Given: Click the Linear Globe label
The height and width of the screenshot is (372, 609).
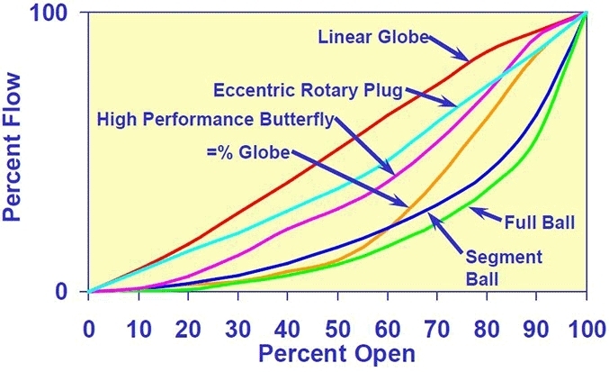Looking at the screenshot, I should pos(372,37).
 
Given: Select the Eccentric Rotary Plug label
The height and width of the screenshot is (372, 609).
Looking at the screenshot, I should pos(308,90).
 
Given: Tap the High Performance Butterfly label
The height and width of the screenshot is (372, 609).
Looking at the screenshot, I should pos(216,119).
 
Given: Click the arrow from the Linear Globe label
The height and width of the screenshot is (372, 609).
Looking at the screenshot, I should pos(447,49).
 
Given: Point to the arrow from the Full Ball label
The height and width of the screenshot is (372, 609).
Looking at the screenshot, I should pos(486,214).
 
